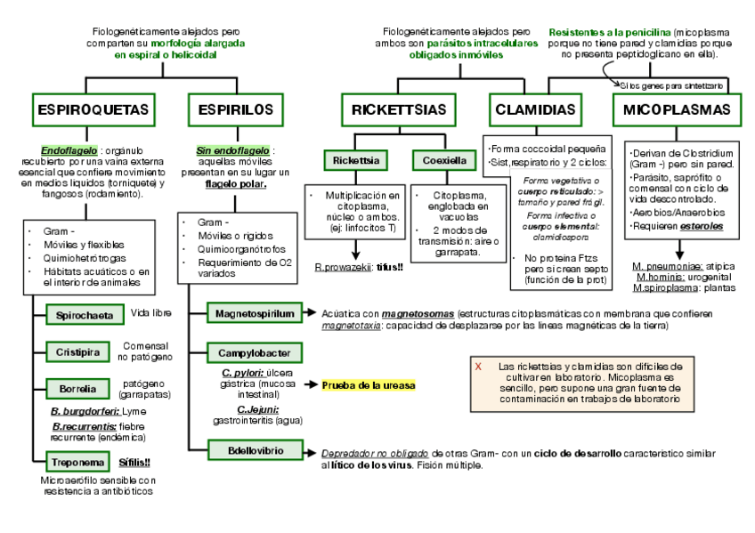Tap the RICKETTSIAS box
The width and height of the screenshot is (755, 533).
tap(399, 110)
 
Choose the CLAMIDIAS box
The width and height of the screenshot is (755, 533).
tap(535, 110)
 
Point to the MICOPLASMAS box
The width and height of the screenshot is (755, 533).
tap(677, 110)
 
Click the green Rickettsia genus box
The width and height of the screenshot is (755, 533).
tap(356, 161)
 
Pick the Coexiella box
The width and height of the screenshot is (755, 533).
tap(444, 161)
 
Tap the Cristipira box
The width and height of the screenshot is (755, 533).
tap(78, 351)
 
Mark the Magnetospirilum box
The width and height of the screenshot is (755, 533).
tap(252, 313)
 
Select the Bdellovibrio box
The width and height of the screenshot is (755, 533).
tap(245, 450)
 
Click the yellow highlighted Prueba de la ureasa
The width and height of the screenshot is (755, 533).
tap(369, 385)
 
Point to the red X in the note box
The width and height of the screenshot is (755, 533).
tap(478, 366)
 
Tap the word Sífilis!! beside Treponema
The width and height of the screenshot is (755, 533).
tap(134, 462)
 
